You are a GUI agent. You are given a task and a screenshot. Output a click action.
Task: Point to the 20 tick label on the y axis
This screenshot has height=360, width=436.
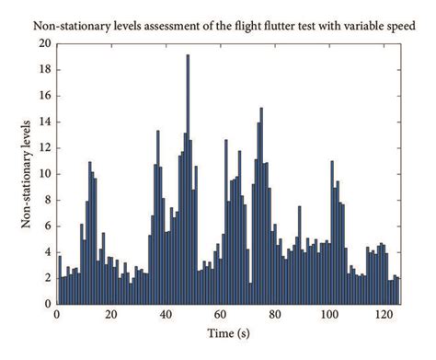[44, 43]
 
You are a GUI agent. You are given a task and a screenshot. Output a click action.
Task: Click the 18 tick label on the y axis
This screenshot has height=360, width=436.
[44, 69]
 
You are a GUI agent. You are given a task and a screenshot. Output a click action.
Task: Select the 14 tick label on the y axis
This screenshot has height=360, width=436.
[44, 122]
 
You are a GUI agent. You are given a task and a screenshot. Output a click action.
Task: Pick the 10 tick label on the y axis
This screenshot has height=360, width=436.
[44, 173]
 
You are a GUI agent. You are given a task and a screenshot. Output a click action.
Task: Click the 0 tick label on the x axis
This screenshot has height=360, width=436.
[56, 315]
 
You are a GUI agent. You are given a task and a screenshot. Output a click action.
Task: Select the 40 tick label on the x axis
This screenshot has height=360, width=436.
[166, 315]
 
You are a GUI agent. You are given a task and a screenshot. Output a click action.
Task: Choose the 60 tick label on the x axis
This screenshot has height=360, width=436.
[220, 315]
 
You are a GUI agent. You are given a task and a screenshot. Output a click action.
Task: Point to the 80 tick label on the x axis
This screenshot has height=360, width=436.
[274, 315]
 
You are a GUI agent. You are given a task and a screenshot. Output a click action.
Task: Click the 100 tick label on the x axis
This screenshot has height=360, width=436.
[328, 315]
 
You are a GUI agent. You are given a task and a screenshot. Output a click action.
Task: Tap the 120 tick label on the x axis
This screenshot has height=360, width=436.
[383, 315]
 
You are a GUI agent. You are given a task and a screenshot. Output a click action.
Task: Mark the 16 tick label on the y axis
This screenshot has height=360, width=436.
[44, 95]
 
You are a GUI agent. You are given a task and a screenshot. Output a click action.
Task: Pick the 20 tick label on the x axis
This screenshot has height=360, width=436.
[111, 315]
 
